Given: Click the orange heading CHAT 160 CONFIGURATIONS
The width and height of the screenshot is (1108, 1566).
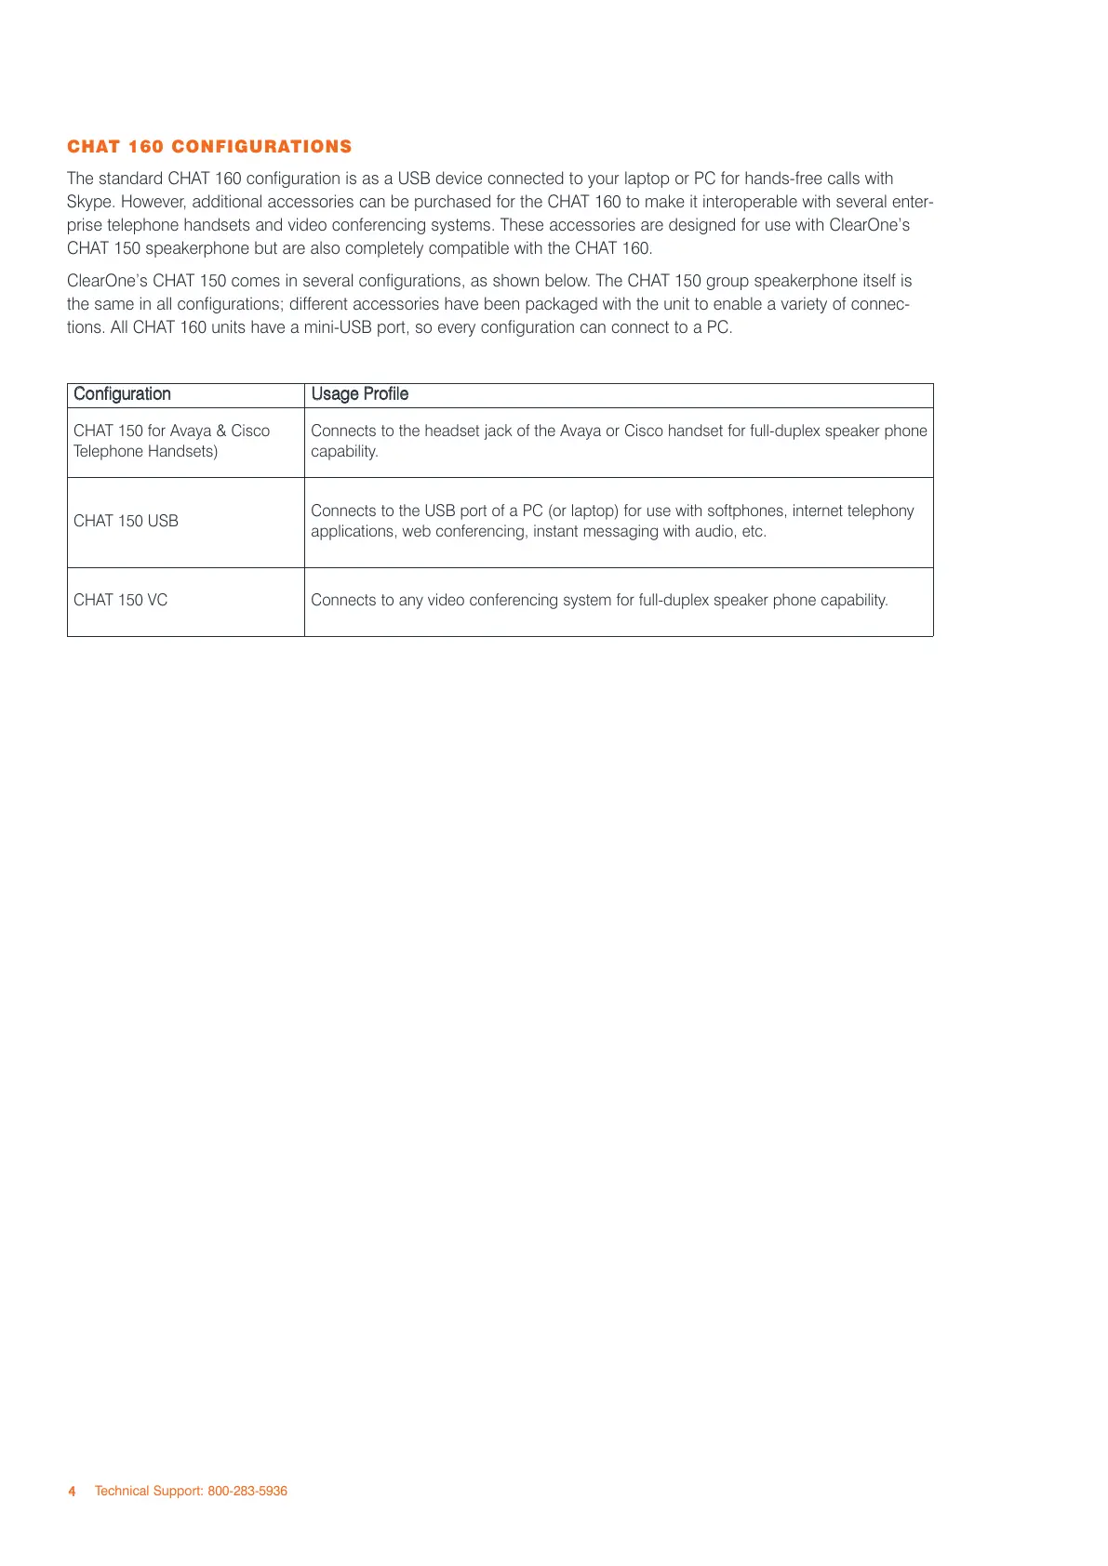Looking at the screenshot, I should click(x=209, y=147).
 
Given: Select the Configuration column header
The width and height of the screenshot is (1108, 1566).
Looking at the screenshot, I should click(x=122, y=394).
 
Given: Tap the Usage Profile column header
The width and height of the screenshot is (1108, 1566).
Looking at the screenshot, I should click(x=360, y=394).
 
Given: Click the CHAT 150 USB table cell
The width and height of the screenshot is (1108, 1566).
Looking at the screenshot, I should click(x=126, y=521).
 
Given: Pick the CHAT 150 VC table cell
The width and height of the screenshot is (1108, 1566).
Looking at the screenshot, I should click(x=121, y=600).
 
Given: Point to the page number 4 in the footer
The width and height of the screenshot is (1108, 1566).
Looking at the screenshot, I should click(x=73, y=1491).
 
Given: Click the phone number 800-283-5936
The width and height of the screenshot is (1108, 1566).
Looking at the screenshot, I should click(x=247, y=1491).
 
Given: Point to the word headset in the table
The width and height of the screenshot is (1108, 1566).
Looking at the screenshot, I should click(x=452, y=431).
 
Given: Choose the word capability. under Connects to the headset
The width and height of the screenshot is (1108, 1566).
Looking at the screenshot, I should click(x=344, y=452).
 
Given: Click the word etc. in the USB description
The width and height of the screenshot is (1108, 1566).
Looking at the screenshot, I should click(x=754, y=532).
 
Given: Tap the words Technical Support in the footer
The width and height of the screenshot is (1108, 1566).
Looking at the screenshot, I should click(x=148, y=1491).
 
